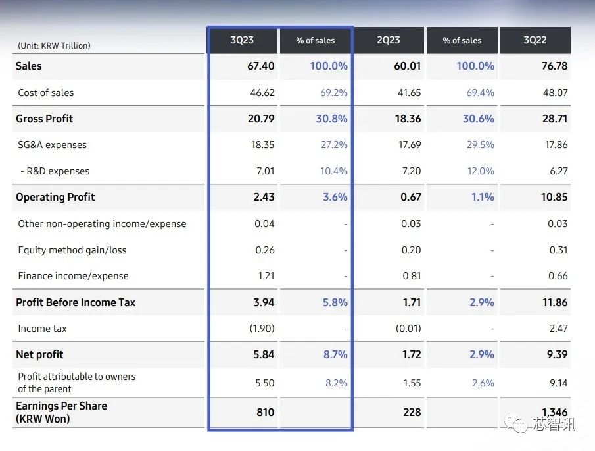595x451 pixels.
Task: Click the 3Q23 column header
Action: pos(242,40)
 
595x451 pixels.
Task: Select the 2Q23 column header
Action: pos(389,40)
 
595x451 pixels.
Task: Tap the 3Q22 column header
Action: pos(535,40)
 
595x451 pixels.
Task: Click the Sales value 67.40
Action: pos(259,66)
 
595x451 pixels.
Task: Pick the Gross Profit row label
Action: pos(45,119)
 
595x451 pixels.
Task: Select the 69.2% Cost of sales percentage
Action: pos(334,93)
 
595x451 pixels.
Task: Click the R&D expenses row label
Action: pos(55,171)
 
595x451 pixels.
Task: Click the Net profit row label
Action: pos(40,354)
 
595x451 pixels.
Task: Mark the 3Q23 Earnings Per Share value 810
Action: pos(266,412)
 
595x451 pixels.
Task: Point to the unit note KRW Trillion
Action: pos(55,45)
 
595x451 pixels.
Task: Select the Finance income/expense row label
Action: pos(74,276)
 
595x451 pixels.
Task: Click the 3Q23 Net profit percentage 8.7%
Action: pos(335,354)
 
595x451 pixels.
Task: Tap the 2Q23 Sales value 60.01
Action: pos(408,66)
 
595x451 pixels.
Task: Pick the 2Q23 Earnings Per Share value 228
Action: pos(412,412)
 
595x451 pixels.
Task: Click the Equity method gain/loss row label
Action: pos(72,250)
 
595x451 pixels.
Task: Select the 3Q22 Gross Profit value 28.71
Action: pos(554,119)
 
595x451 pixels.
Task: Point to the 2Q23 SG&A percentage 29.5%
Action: pos(481,145)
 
